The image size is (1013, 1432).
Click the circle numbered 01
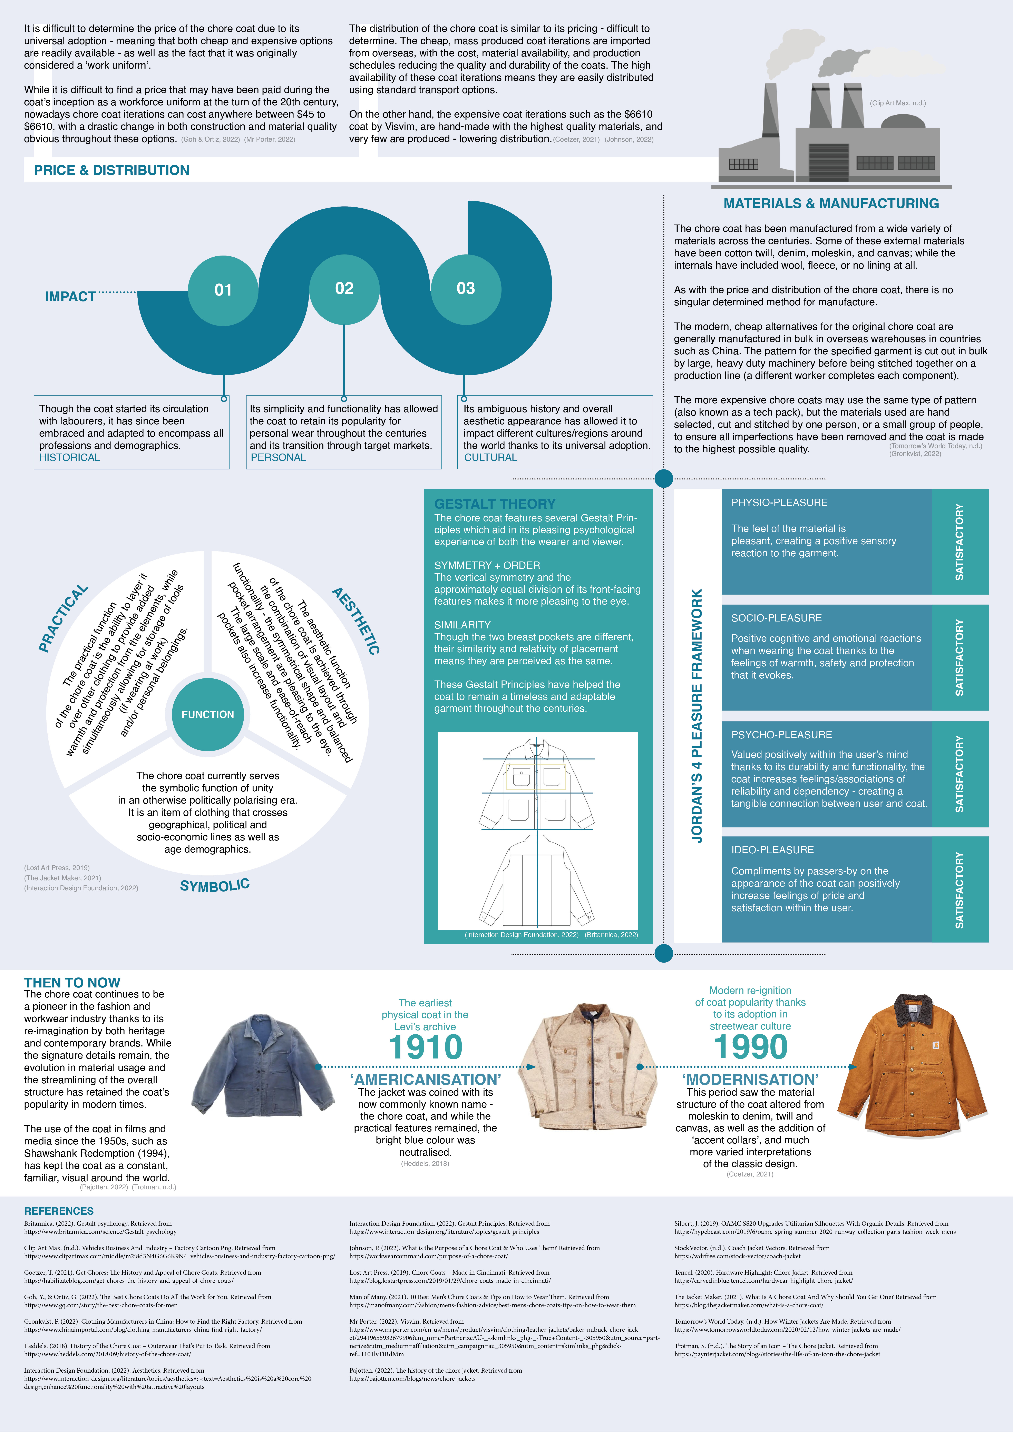(x=223, y=290)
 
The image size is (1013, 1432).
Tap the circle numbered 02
(x=344, y=288)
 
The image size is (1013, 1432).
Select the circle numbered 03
(x=466, y=288)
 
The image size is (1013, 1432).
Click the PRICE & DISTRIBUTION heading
(x=112, y=170)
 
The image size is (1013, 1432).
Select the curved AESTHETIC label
(x=356, y=620)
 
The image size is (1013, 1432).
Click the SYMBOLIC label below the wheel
(x=215, y=885)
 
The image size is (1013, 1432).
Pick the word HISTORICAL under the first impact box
(x=69, y=457)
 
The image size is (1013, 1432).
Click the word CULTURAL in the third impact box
(x=491, y=457)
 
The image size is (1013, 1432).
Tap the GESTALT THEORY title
(x=494, y=504)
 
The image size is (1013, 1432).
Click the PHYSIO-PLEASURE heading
(x=779, y=503)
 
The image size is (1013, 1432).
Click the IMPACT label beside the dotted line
(x=70, y=297)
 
